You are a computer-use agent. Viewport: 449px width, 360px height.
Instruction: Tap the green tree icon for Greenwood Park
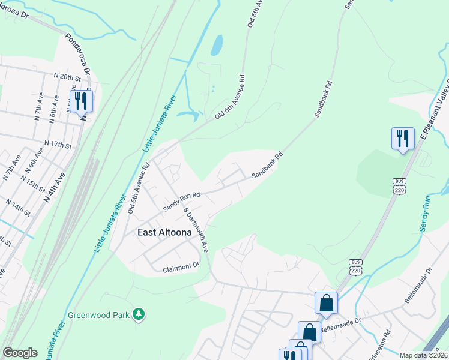tap(139, 314)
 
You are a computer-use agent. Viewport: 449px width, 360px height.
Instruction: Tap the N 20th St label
tap(67, 77)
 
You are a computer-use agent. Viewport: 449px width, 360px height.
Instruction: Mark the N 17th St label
tap(58, 145)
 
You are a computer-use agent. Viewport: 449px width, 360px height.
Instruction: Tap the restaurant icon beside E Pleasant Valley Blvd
tap(403, 138)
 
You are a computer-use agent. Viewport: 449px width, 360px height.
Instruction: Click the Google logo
tap(20, 353)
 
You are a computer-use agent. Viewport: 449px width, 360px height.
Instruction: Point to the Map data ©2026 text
tap(423, 355)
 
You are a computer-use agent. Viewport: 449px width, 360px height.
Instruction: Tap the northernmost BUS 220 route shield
tap(400, 185)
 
